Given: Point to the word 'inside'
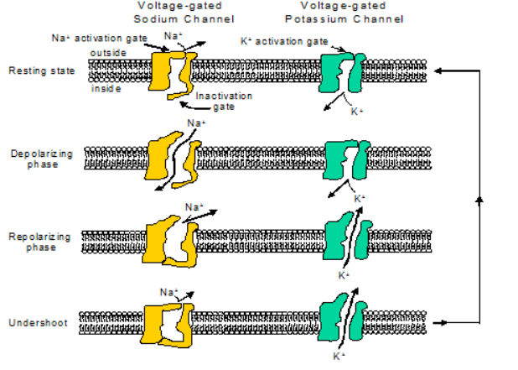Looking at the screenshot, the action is (x=106, y=88).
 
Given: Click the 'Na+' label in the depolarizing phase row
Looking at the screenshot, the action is (x=196, y=123).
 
